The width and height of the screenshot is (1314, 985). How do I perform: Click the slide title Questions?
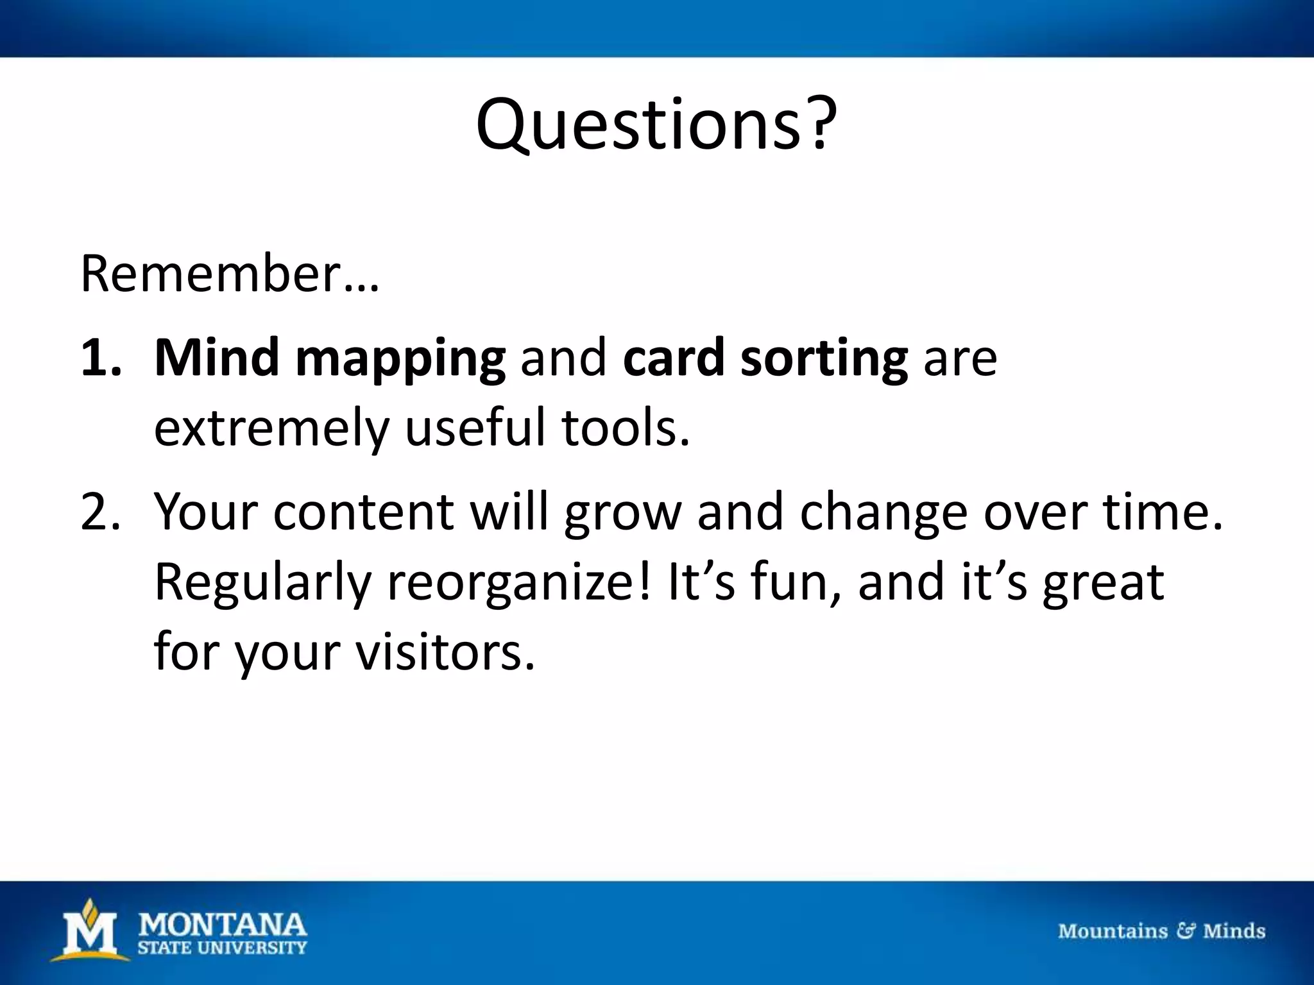(656, 125)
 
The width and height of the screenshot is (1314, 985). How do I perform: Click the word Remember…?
(230, 274)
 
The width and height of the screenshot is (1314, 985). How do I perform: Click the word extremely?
(271, 428)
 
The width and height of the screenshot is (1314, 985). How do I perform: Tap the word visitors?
(445, 653)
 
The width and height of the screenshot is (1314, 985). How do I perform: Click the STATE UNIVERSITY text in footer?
(223, 948)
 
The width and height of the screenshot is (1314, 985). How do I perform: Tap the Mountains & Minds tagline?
(1161, 930)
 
